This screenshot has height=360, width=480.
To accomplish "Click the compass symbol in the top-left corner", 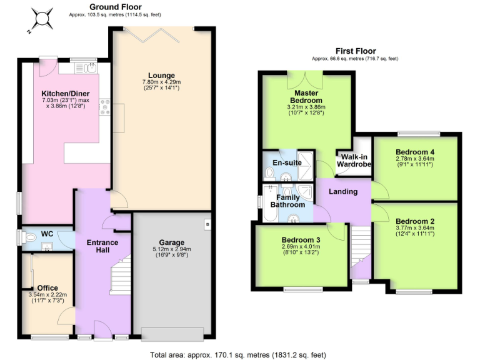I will [x=42, y=17].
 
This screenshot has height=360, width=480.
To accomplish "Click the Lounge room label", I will [x=161, y=76].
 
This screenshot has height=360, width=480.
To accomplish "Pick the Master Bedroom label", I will [x=305, y=96].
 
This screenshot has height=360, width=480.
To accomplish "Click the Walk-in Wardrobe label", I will [x=354, y=161].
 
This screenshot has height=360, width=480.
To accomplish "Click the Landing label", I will [x=343, y=191].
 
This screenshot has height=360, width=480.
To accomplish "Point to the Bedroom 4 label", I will [x=415, y=152].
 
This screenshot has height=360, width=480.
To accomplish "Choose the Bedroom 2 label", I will [x=415, y=221].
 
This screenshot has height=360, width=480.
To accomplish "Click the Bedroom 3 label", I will [x=301, y=241].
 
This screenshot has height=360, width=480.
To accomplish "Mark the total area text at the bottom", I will [x=238, y=354].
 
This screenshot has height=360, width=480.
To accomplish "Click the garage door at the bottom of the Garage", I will [x=172, y=331].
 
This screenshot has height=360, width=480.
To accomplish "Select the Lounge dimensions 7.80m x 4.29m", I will [x=161, y=82].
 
